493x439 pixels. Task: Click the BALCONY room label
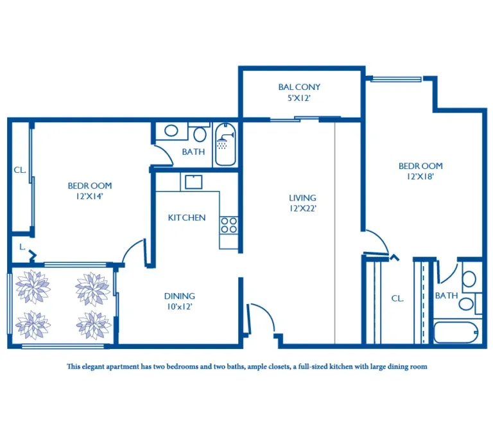pyautogui.click(x=299, y=87)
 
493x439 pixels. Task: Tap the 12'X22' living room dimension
pyautogui.click(x=303, y=208)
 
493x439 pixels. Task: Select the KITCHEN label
pyautogui.click(x=187, y=218)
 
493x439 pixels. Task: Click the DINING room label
pyautogui.click(x=180, y=296)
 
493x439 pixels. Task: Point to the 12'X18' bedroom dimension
pyautogui.click(x=420, y=177)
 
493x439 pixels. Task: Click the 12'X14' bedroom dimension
pyautogui.click(x=90, y=196)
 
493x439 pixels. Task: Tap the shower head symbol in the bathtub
pyautogui.click(x=225, y=141)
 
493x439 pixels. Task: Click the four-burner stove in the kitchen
pyautogui.click(x=229, y=225)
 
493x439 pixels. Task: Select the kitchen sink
pyautogui.click(x=193, y=182)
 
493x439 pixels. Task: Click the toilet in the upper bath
pyautogui.click(x=200, y=134)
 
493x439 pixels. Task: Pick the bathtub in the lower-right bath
pyautogui.click(x=456, y=332)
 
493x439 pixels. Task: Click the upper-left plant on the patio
pyautogui.click(x=33, y=286)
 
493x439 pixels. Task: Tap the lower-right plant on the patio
pyautogui.click(x=93, y=325)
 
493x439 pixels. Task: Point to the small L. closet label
pyautogui.click(x=22, y=247)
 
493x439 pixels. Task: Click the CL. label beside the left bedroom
pyautogui.click(x=19, y=170)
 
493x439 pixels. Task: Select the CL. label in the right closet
pyautogui.click(x=397, y=298)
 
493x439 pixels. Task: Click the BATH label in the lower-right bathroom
pyautogui.click(x=446, y=296)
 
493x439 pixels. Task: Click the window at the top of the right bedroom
pyautogui.click(x=396, y=79)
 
